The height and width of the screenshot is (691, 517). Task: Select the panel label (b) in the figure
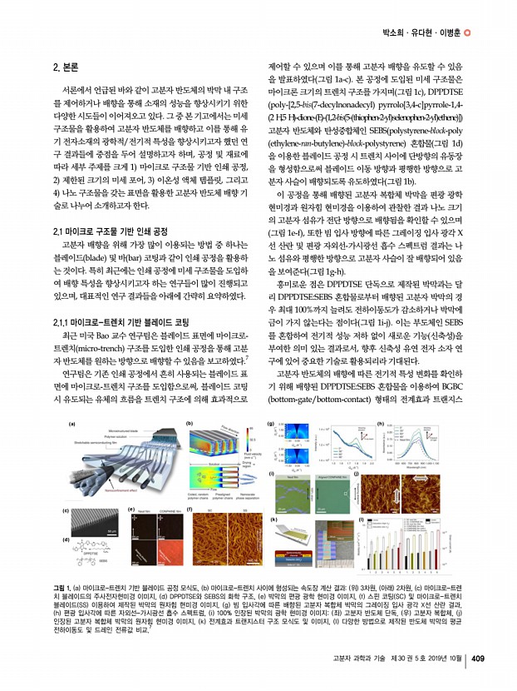pos(190,424)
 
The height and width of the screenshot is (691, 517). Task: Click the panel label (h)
pos(381,424)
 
